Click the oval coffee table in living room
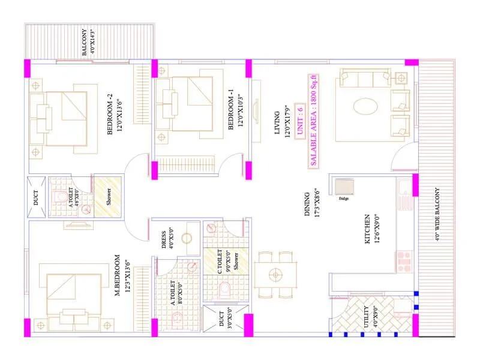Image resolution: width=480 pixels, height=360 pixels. (365, 106)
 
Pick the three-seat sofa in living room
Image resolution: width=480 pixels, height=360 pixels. (365, 78)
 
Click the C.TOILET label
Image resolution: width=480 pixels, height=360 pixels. (220, 262)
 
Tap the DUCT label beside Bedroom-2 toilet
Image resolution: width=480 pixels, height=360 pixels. (36, 199)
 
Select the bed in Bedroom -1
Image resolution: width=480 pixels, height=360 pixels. (186, 99)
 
